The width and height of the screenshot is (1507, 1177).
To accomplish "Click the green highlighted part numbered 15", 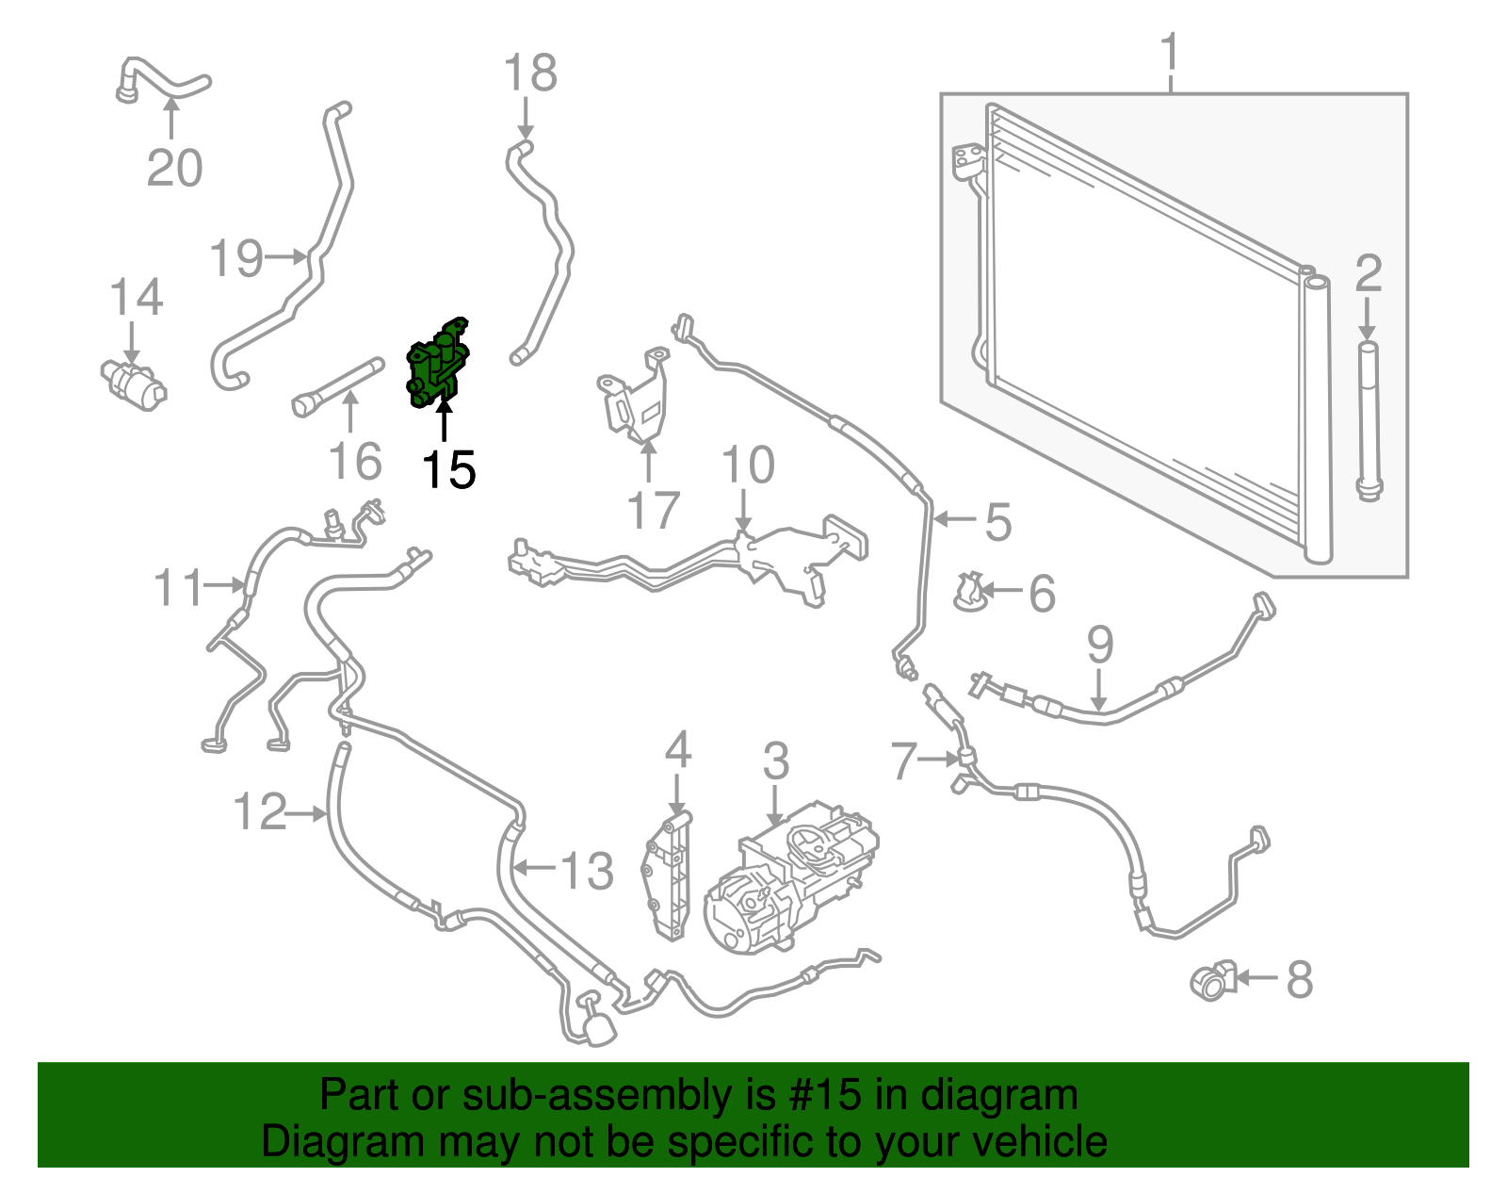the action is coord(437,364).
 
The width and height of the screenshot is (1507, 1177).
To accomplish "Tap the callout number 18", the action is coord(530,73).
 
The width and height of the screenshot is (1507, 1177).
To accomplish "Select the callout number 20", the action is coord(175,168).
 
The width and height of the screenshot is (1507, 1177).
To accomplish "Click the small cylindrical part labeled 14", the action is coord(133,384).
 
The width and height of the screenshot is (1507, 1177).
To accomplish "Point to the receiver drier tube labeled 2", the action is coord(1369,419).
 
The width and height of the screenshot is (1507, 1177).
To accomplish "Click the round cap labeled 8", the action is coord(1213,980).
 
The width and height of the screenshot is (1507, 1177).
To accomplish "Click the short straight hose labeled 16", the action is coord(338,387).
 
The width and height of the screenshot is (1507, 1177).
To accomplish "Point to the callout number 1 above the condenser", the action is coord(1170,51).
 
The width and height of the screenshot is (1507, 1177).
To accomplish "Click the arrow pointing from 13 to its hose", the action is coord(535,866).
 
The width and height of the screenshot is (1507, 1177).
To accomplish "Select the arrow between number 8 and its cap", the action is coord(1256,978).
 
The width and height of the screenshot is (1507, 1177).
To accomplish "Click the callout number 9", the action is coord(1100,645).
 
